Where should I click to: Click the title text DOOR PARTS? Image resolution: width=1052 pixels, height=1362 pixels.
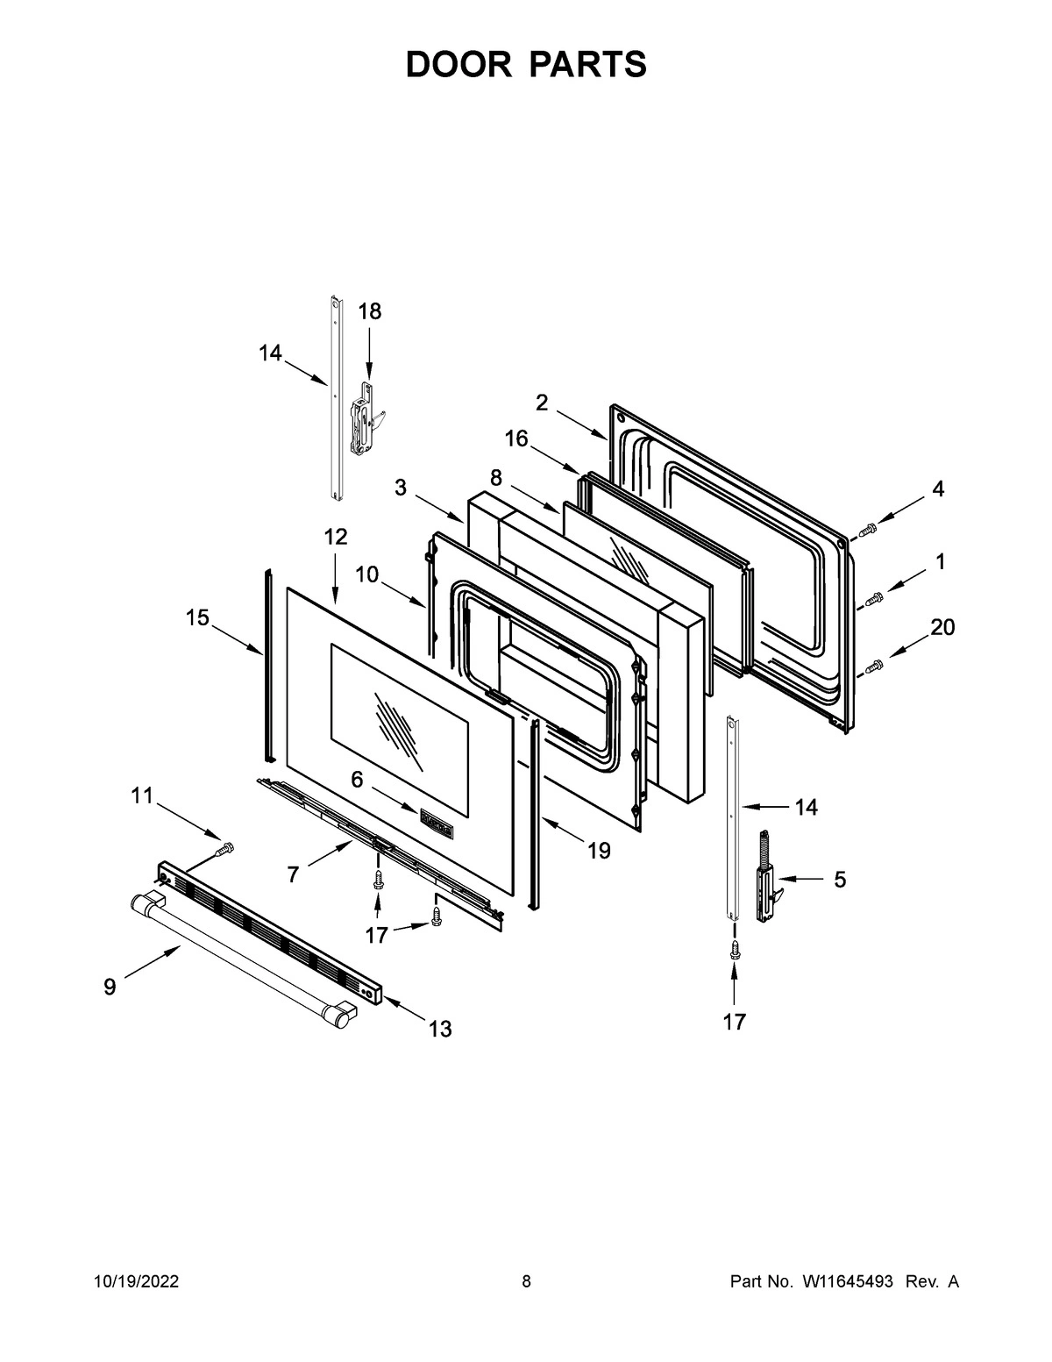(x=526, y=65)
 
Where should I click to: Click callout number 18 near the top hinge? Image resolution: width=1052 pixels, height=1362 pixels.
(x=370, y=311)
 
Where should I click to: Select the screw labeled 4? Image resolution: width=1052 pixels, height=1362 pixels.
(x=868, y=529)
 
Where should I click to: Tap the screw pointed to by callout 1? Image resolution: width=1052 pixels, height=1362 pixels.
(x=873, y=598)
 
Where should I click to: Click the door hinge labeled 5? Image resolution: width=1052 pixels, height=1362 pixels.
(x=766, y=875)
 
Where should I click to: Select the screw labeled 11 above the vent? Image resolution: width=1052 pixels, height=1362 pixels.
(x=224, y=848)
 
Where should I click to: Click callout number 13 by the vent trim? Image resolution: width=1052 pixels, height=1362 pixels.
(x=440, y=1029)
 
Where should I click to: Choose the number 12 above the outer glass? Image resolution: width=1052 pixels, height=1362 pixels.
(x=336, y=537)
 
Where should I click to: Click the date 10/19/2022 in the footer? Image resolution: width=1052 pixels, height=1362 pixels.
(x=137, y=1282)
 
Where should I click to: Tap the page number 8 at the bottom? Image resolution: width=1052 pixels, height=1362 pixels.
(x=526, y=1282)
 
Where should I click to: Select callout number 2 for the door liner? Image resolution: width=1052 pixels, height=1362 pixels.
(x=542, y=403)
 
